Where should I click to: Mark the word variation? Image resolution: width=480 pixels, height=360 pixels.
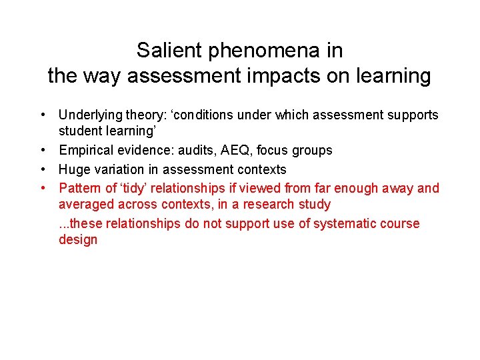pos(119,169)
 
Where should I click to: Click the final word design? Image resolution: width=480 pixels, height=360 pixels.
pos(78,240)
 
